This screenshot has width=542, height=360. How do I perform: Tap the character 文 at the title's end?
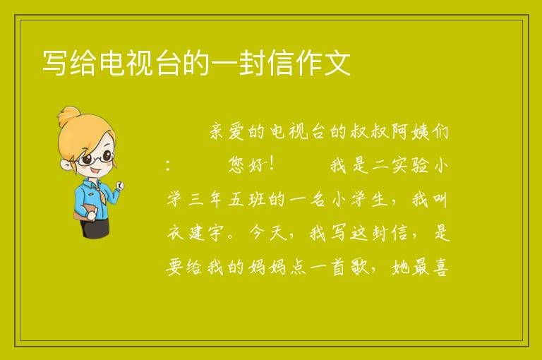tap(338, 63)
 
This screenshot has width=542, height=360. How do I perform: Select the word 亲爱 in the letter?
tap(227, 131)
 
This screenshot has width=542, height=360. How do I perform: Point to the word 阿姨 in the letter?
tap(409, 131)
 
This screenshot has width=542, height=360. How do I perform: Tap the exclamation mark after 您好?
tap(272, 164)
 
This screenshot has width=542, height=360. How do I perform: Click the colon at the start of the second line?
tap(168, 166)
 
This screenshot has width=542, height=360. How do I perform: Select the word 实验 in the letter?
tap(410, 165)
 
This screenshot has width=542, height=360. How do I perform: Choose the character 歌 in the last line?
tap(361, 267)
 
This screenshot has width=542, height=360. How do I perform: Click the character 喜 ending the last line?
tap(440, 267)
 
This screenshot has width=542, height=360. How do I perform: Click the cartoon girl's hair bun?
tap(68, 115)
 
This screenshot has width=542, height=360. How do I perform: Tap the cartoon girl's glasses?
tap(96, 158)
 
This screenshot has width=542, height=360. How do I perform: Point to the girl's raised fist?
tap(119, 186)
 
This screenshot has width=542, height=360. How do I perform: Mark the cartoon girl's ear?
tap(65, 164)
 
